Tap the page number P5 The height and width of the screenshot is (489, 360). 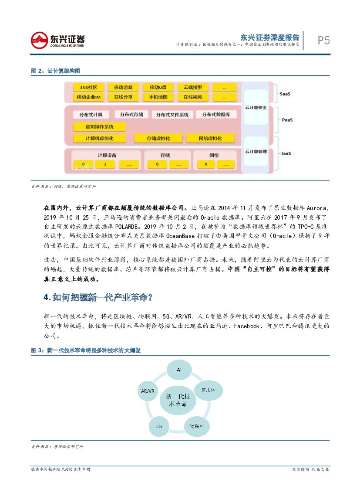click(x=323, y=41)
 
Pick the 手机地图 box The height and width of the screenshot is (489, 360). click(x=158, y=97)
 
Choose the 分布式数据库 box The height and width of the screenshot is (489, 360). click(x=216, y=115)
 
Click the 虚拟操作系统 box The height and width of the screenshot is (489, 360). click(x=99, y=127)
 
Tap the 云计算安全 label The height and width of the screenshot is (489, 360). click(x=256, y=108)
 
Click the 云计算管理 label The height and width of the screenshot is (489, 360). click(x=256, y=152)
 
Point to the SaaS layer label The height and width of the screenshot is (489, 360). click(x=286, y=93)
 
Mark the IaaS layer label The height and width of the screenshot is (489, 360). click(x=286, y=153)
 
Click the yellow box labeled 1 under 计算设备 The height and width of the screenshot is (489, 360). click(x=105, y=165)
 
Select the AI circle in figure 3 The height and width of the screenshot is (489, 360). click(x=179, y=370)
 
